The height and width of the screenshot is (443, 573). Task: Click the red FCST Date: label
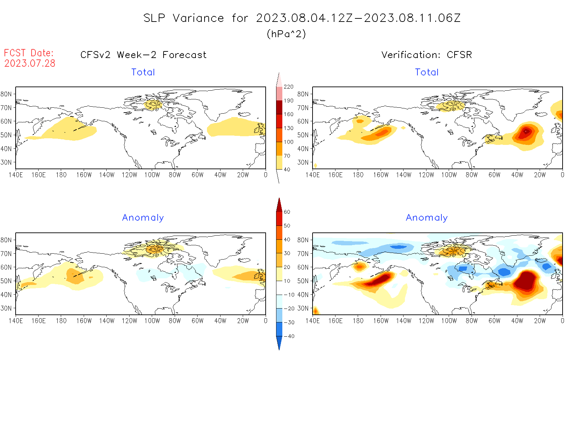(x=29, y=53)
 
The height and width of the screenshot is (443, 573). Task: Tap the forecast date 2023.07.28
(x=30, y=63)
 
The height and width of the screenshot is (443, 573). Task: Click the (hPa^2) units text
(x=286, y=34)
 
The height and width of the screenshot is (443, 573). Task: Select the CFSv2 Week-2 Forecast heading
(x=143, y=55)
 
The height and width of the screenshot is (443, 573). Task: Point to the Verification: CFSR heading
(x=426, y=55)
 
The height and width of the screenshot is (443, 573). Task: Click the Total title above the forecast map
(x=143, y=72)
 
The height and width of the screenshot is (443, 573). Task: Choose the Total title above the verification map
(x=427, y=72)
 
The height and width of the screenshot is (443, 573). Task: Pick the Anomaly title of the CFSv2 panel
(x=143, y=218)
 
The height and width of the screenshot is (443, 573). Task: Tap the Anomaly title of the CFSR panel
(x=427, y=218)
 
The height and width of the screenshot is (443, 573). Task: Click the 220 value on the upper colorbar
(x=289, y=87)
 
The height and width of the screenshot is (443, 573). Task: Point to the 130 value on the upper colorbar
(x=289, y=128)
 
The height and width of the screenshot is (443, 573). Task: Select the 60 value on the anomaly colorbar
(x=287, y=212)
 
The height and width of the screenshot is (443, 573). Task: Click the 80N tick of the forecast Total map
(x=6, y=94)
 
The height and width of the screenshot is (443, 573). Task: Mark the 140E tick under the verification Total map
(x=313, y=175)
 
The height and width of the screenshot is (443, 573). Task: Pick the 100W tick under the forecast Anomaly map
(x=152, y=321)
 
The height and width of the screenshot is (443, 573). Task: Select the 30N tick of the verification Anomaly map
(x=303, y=308)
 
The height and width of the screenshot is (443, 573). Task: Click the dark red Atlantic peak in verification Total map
(x=526, y=131)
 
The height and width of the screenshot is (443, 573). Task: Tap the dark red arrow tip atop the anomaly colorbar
(x=279, y=202)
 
